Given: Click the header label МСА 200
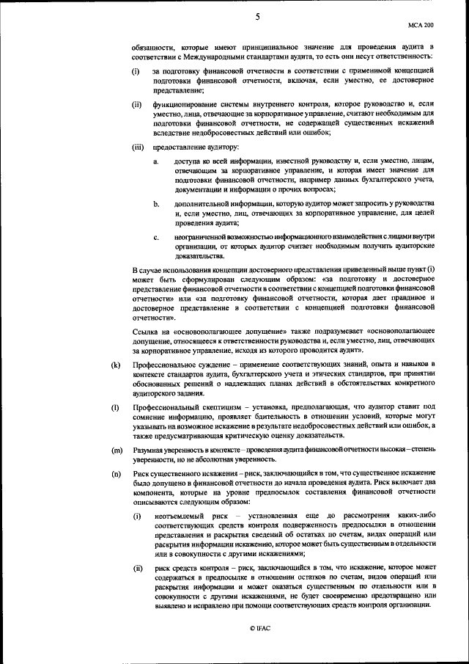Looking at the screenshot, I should (421, 24).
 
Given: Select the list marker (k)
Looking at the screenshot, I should (116, 365).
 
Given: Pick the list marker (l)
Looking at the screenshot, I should (115, 406).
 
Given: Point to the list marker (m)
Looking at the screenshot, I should (117, 449).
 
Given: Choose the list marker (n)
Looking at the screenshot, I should (116, 475).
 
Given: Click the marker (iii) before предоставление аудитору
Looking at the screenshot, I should (137, 147).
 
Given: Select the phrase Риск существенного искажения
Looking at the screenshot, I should (182, 475).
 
